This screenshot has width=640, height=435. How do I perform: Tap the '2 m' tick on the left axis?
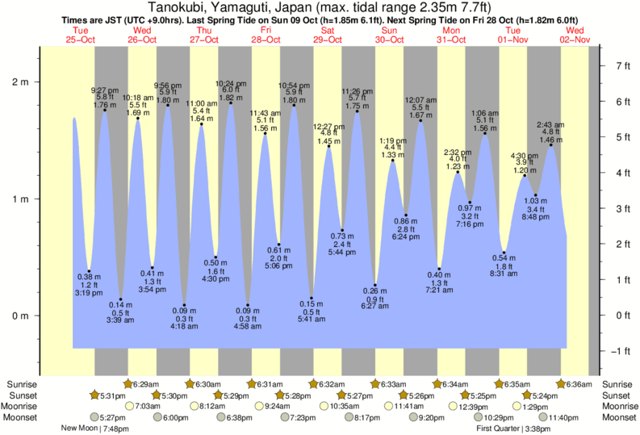(x=19, y=82)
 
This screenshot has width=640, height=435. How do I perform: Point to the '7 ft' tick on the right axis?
(x=622, y=65)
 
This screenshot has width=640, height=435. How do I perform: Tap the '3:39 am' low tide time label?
(x=121, y=320)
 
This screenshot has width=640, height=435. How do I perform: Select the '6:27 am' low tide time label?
(x=374, y=306)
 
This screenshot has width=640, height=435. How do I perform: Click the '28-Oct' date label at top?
(x=266, y=40)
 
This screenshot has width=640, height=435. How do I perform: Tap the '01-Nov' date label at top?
(x=513, y=40)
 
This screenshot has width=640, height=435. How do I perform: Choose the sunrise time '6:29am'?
(x=145, y=384)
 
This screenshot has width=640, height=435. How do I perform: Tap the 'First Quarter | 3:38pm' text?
(x=512, y=429)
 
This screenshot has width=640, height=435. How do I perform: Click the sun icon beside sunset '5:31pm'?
(x=94, y=395)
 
